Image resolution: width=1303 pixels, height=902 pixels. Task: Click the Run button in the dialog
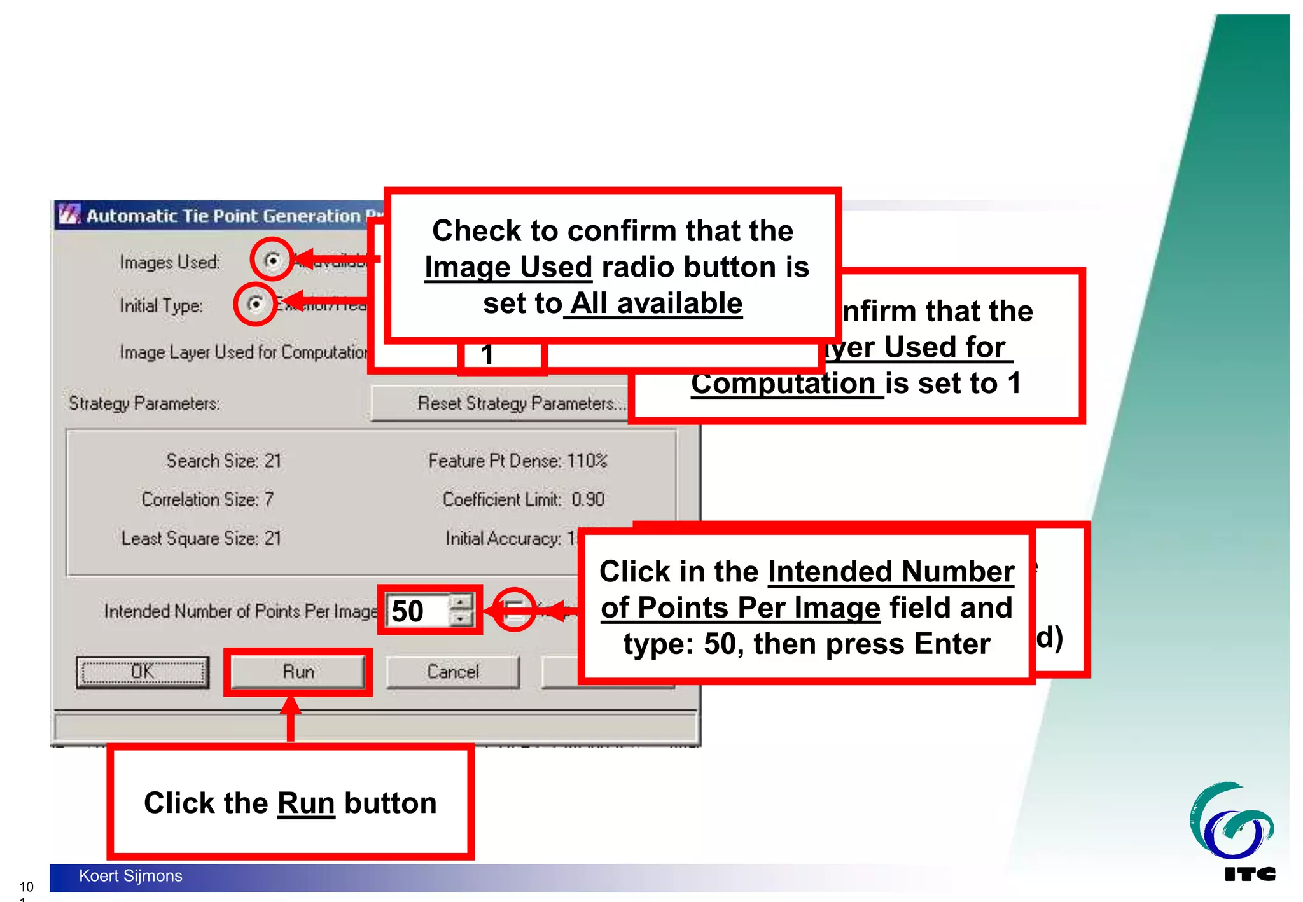coord(298,672)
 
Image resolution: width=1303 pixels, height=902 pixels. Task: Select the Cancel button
coord(452,672)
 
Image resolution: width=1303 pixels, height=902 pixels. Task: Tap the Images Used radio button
coord(272,260)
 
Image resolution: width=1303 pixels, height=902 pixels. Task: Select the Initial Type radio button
coord(255,304)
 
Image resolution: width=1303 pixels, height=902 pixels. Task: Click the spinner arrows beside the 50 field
coord(461,610)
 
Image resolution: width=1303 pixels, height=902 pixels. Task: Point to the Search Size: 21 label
coord(223,461)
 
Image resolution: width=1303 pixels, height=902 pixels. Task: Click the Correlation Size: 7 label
coord(207,499)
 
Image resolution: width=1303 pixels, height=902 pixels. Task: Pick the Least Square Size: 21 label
coord(201,538)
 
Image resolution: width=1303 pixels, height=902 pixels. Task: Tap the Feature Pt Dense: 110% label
coord(517,461)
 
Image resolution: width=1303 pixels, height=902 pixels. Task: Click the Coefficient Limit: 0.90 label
coord(523,499)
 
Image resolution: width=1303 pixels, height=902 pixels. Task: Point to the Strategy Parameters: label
coord(144,403)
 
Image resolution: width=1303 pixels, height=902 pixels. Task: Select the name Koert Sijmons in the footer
coord(130,876)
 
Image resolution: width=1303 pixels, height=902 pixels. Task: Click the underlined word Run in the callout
coord(306,803)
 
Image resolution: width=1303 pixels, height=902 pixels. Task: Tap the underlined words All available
coord(655,303)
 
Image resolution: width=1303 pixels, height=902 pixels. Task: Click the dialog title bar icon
coord(69,214)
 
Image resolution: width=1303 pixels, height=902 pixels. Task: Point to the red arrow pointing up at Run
coord(291,719)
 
